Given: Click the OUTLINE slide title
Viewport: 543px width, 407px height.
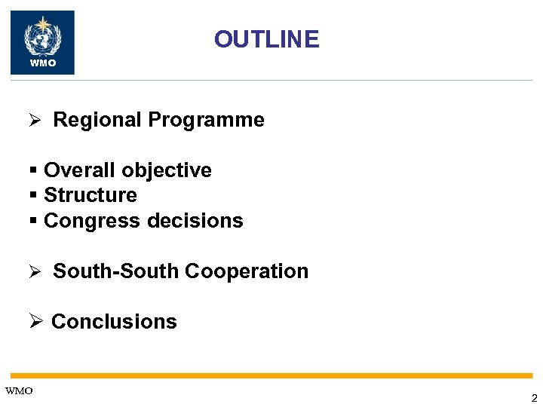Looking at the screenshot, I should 266,39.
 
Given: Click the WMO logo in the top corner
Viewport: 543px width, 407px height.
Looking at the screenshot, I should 42,42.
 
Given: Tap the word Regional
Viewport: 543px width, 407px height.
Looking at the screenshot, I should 97,120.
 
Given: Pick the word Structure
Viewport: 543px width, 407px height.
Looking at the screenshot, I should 90,195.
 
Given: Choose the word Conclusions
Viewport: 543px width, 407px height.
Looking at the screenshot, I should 114,322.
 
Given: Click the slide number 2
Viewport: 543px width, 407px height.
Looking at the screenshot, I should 534,398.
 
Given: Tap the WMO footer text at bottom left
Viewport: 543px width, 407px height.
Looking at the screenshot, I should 19,390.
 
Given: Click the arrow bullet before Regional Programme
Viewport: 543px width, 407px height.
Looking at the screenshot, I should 34,121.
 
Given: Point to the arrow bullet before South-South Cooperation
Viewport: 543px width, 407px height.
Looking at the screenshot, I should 34,272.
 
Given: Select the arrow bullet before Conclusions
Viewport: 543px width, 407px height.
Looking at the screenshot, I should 35,322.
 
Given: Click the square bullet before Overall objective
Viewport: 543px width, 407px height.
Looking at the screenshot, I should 33,171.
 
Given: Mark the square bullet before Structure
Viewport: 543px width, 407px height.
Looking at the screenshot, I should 33,196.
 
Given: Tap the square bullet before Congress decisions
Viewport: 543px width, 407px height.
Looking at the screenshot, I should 33,222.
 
